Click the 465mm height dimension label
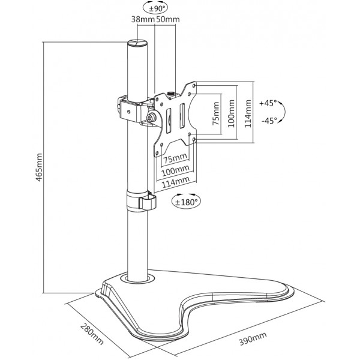40,167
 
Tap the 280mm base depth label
92,334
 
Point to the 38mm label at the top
143,19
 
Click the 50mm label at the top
167,19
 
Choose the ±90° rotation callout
155,8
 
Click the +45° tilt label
268,103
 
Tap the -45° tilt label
269,121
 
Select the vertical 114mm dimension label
248,113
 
